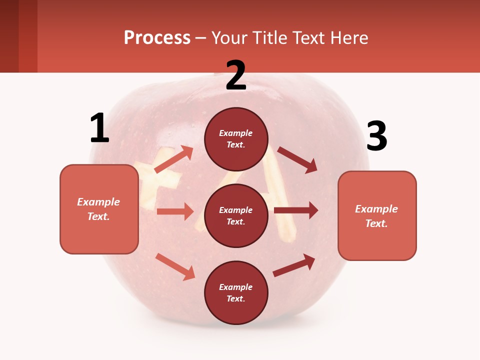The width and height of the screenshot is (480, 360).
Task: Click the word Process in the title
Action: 157,38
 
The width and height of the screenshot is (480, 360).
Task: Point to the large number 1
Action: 99,128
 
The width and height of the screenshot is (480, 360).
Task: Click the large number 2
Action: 236,75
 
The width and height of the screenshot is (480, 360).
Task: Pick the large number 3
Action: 376,136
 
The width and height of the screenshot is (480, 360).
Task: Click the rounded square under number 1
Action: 99,209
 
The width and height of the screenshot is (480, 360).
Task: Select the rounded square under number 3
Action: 377,216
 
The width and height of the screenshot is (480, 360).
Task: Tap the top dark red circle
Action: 236,139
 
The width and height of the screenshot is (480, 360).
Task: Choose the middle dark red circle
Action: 236,216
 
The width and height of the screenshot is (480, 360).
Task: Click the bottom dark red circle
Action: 236,293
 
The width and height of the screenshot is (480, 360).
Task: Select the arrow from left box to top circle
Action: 173,159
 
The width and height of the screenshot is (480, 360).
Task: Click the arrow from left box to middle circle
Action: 175,211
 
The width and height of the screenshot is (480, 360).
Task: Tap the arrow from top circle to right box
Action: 297,159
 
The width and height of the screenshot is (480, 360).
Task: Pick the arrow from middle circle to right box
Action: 296,210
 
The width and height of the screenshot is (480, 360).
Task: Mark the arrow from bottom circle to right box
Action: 294,265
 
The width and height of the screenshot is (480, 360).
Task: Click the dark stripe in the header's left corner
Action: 9,36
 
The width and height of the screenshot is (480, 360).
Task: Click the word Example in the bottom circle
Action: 236,287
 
